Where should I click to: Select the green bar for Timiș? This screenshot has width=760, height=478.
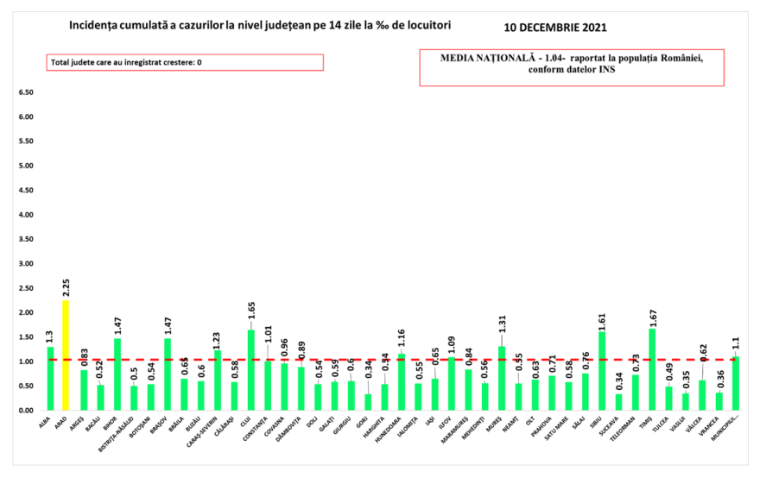pyautogui.click(x=652, y=369)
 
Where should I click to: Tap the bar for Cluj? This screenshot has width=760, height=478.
pyautogui.click(x=251, y=370)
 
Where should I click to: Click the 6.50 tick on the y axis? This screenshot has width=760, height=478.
pyautogui.click(x=25, y=92)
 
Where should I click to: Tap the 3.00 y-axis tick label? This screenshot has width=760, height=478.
pyautogui.click(x=25, y=263)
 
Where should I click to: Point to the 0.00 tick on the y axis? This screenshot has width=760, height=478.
pyautogui.click(x=25, y=410)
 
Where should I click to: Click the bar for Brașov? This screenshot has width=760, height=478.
pyautogui.click(x=168, y=374)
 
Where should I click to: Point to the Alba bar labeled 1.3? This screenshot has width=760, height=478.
pyautogui.click(x=50, y=379)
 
